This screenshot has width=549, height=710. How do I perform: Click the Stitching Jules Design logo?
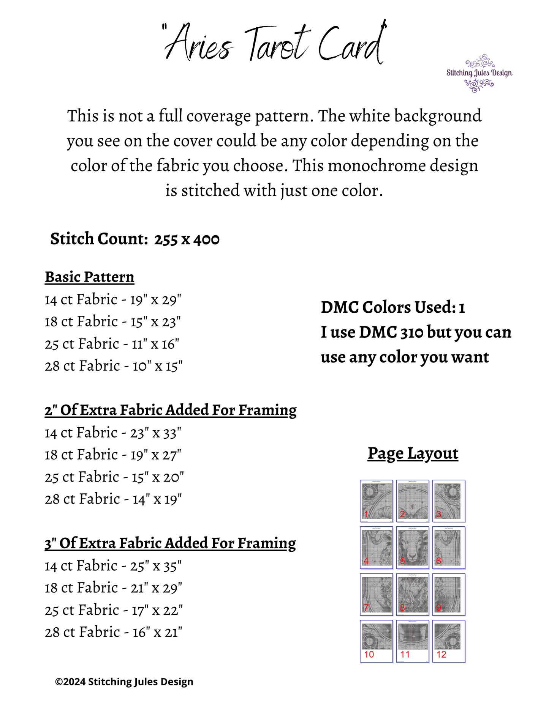[x=479, y=73]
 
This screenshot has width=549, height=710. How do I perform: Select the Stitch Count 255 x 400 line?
[x=135, y=239]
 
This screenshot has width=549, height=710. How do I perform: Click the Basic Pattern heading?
[x=90, y=277]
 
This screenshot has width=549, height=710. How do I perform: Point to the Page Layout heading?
[x=413, y=453]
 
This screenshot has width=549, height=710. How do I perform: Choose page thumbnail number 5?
[x=413, y=547]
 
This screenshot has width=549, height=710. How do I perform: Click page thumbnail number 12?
[x=449, y=641]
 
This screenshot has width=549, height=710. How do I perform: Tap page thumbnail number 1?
[x=376, y=501]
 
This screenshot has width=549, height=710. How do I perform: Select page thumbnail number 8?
[x=413, y=594]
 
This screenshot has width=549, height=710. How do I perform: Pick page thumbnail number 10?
[x=376, y=641]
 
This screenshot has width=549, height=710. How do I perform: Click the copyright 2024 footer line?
[x=124, y=682]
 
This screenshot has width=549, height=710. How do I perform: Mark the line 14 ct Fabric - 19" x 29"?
[x=113, y=300]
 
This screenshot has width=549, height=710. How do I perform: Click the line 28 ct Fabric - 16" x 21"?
[x=114, y=632]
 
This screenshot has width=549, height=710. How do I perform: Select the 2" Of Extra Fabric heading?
[x=171, y=410]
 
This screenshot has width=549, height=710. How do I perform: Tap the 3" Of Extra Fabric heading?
[x=170, y=543]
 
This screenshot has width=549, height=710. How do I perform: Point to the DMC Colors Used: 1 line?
[x=393, y=307]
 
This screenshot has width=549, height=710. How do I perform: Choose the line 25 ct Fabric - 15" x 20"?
[x=114, y=477]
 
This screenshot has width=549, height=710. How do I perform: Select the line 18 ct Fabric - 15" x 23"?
[x=112, y=322]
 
